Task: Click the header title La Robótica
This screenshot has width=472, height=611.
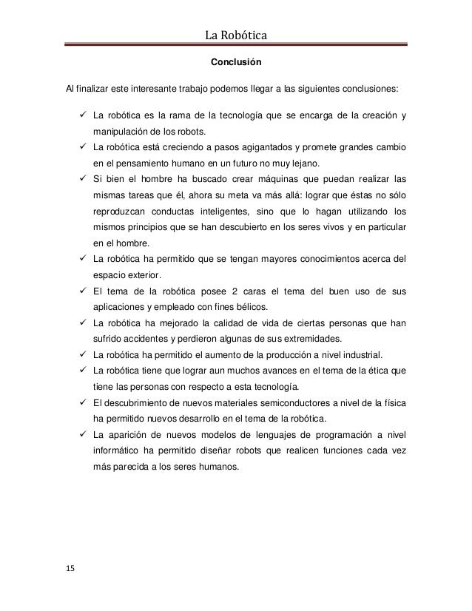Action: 235,34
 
